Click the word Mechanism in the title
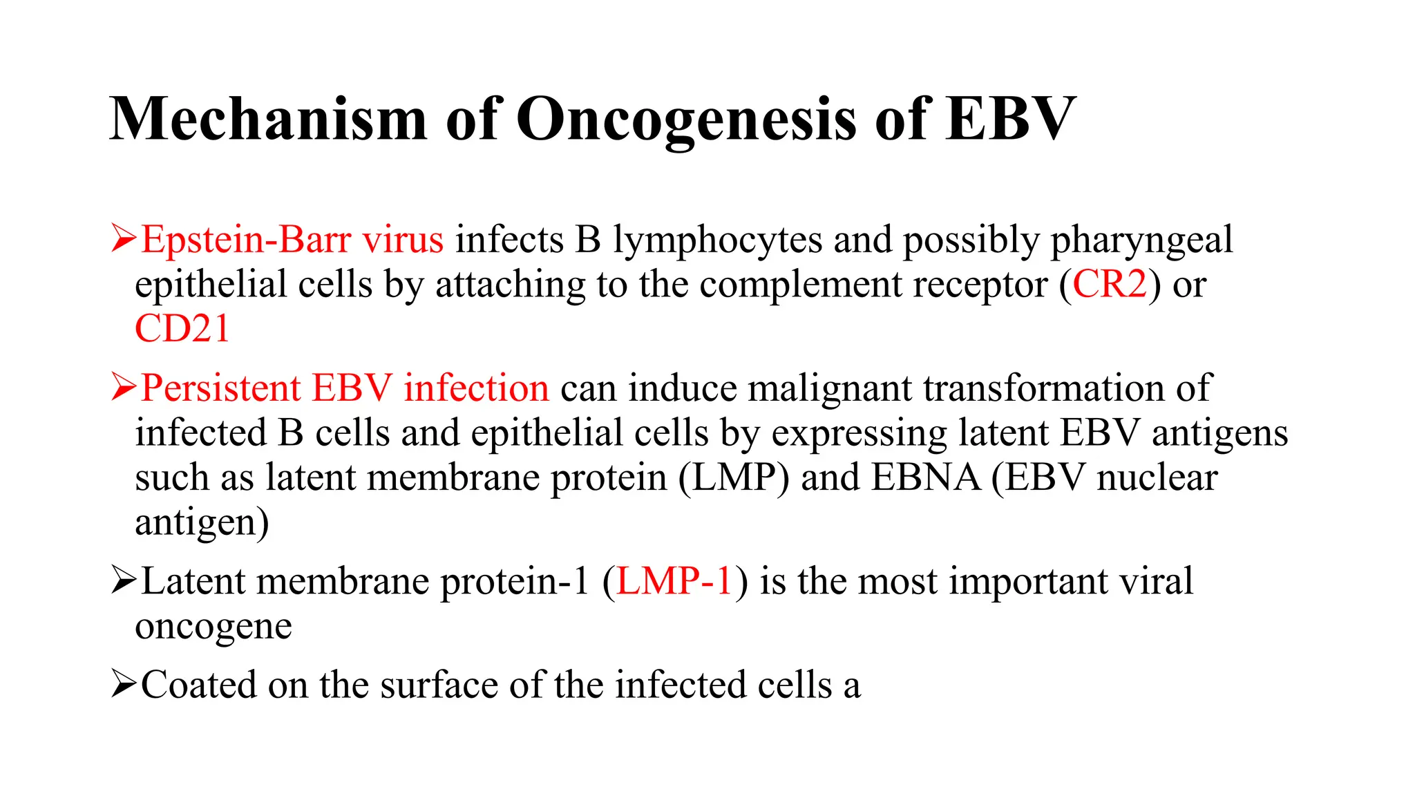pyautogui.click(x=268, y=119)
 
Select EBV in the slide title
pyautogui.click(x=1011, y=119)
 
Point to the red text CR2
pyautogui.click(x=1110, y=284)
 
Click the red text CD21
pyautogui.click(x=182, y=328)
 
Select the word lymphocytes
pyautogui.click(x=717, y=241)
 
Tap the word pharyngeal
pyautogui.click(x=1141, y=241)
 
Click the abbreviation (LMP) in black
pyautogui.click(x=733, y=477)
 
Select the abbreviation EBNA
pyautogui.click(x=926, y=477)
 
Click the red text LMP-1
pyautogui.click(x=674, y=581)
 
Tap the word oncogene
pyautogui.click(x=213, y=627)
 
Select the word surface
pyautogui.click(x=439, y=685)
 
